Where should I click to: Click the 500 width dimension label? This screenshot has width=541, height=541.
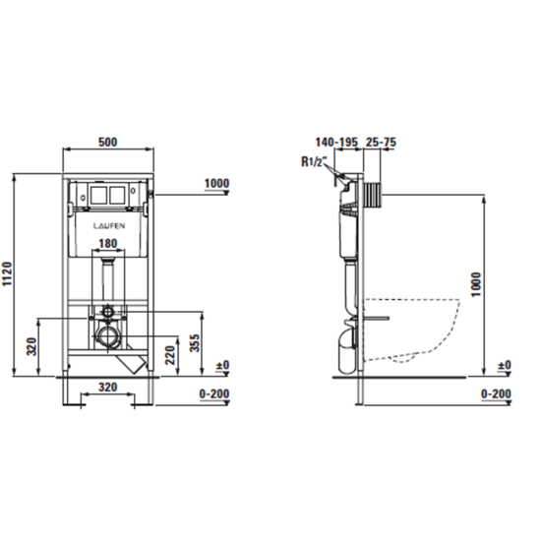pos(108,142)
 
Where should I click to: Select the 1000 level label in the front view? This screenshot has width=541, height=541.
pos(217,183)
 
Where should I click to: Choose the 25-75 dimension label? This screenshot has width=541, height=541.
pos(382,142)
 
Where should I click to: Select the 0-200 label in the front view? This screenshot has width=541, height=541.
pos(216,392)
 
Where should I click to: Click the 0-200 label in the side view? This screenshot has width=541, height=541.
pos(498,392)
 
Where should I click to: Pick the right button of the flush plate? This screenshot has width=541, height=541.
pos(120,194)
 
